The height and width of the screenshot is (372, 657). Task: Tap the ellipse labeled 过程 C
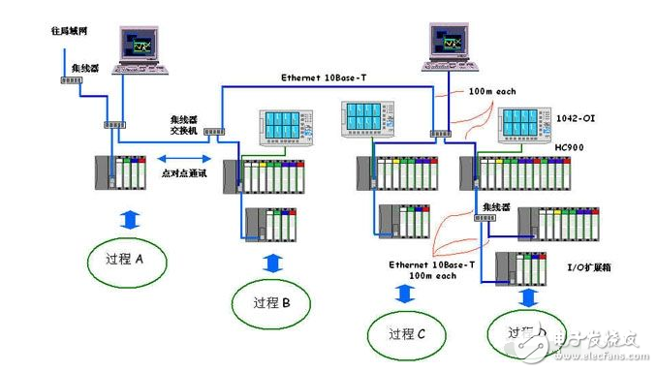coord(406,334)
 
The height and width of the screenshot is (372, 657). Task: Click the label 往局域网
coord(70,30)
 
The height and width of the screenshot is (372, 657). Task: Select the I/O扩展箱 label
coord(582,265)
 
